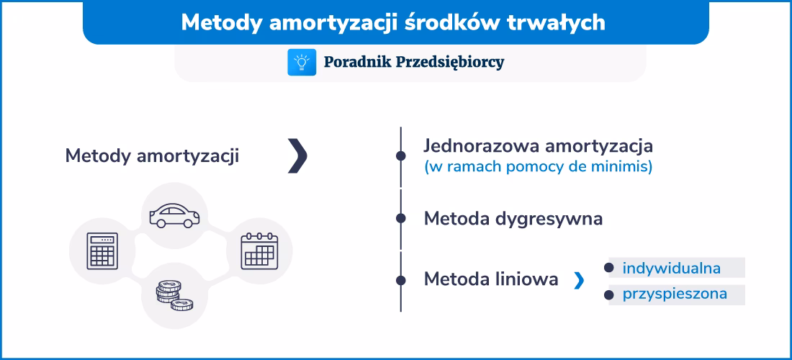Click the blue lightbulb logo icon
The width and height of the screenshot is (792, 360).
tap(302, 62)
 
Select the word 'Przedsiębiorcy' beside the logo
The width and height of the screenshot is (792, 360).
tap(450, 62)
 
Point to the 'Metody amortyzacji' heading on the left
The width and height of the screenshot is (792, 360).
tap(152, 156)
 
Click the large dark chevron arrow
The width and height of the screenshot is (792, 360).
tap(297, 156)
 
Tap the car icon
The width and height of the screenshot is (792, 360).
tap(174, 215)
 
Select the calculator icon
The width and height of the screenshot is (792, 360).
tap(102, 251)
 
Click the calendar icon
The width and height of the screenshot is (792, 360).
tap(258, 251)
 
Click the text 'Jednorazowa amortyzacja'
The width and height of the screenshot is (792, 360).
tap(538, 145)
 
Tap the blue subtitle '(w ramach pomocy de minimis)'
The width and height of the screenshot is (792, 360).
tap(538, 167)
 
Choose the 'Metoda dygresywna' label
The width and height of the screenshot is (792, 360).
tap(513, 218)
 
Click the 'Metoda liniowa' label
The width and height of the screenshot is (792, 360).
tap(491, 279)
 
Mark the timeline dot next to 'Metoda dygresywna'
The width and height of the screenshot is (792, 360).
tap(400, 218)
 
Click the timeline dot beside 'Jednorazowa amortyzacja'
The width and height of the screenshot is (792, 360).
tap(400, 156)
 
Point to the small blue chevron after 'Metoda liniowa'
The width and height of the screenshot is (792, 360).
tap(579, 281)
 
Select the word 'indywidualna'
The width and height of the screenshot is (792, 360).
tap(671, 269)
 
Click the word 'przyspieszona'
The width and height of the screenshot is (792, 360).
tap(675, 294)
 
